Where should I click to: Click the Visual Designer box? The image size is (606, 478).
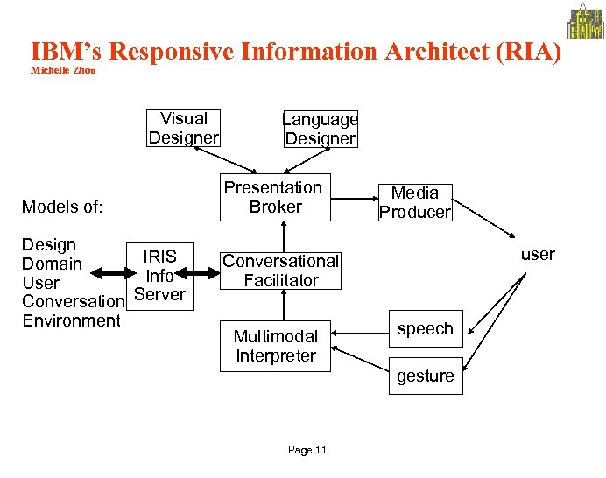183,128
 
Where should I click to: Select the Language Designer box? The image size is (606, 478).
320,129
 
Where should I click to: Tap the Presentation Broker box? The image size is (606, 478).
274,197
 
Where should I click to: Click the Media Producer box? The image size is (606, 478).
414,202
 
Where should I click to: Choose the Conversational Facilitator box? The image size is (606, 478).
280,271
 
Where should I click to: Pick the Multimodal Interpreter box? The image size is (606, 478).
275,346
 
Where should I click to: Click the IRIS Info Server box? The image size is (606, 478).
159,276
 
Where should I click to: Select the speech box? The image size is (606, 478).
425,329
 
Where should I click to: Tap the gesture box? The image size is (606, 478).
425,376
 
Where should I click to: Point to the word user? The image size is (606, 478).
537,255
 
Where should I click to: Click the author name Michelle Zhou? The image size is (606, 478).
63,70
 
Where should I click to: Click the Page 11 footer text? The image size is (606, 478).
307,450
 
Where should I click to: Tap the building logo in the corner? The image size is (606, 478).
585,21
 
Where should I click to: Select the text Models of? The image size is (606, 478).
62,207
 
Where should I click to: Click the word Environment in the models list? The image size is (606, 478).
71,320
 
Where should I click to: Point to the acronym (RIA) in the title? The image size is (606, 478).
528,51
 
